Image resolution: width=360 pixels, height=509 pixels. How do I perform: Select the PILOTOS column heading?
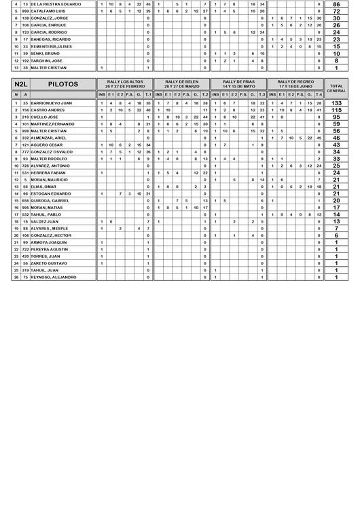tap(63, 84)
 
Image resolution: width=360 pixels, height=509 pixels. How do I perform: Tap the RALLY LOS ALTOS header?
tap(126, 84)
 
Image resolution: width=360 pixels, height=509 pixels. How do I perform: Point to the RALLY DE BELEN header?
tap(182, 84)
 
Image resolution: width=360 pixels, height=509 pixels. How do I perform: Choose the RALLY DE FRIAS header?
tap(239, 84)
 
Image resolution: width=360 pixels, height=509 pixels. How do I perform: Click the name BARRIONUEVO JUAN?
tap(52, 102)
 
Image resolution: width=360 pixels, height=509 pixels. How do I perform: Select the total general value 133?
tap(336, 102)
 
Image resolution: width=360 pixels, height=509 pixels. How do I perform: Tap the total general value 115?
tap(336, 109)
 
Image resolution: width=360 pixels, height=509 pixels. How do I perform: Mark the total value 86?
tap(336, 4)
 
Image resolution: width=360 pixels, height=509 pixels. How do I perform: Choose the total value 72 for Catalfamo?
tap(336, 12)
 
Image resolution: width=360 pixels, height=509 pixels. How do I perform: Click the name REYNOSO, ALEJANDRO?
tap(54, 277)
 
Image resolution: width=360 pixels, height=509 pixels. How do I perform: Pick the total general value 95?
tap(336, 117)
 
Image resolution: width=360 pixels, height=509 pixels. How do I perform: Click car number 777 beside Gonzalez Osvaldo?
tap(25, 152)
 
